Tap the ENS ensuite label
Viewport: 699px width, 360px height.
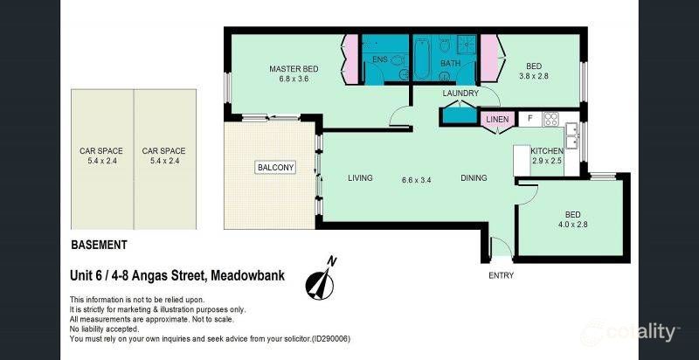coord(379,59)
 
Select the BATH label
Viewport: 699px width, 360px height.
coord(450,63)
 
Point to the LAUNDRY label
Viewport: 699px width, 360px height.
coord(460,93)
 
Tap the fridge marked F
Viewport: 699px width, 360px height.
coord(529,118)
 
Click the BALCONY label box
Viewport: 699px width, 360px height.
coord(274,167)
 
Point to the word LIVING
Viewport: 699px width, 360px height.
coord(360,178)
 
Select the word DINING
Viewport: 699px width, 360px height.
coord(474,178)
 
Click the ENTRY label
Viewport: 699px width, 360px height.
coord(501,275)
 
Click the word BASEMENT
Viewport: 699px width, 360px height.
coord(99,246)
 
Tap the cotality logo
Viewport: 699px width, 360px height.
coord(633,332)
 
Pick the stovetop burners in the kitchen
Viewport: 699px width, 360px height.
coord(551,118)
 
